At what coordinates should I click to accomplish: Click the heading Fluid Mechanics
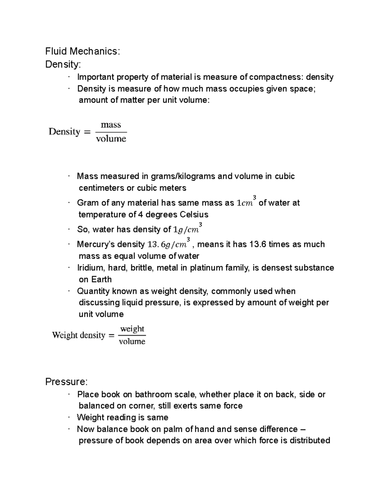click(x=83, y=51)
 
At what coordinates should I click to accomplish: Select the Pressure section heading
click(x=66, y=382)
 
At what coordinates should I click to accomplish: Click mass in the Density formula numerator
click(x=111, y=125)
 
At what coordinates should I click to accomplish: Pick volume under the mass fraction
click(x=111, y=139)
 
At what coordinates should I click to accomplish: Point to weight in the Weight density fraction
click(x=132, y=329)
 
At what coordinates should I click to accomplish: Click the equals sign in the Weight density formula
click(x=111, y=335)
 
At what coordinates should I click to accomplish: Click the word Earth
click(x=101, y=279)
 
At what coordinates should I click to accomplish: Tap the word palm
click(x=173, y=429)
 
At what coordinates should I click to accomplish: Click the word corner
click(x=140, y=406)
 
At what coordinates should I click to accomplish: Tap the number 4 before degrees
click(x=140, y=214)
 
